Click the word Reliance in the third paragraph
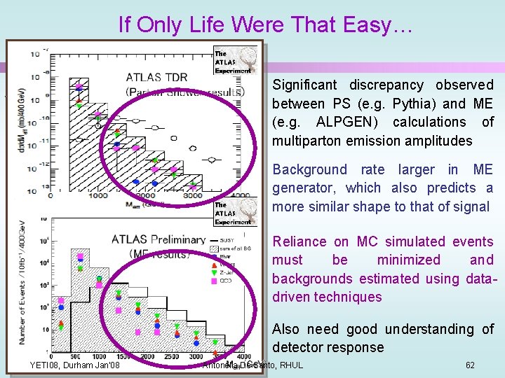pos(299,241)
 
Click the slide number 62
pos(470,365)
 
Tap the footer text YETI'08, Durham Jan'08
pos(74,365)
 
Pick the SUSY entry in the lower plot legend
pos(227,240)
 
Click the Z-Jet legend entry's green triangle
pos(214,272)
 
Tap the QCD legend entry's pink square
pos(214,279)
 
